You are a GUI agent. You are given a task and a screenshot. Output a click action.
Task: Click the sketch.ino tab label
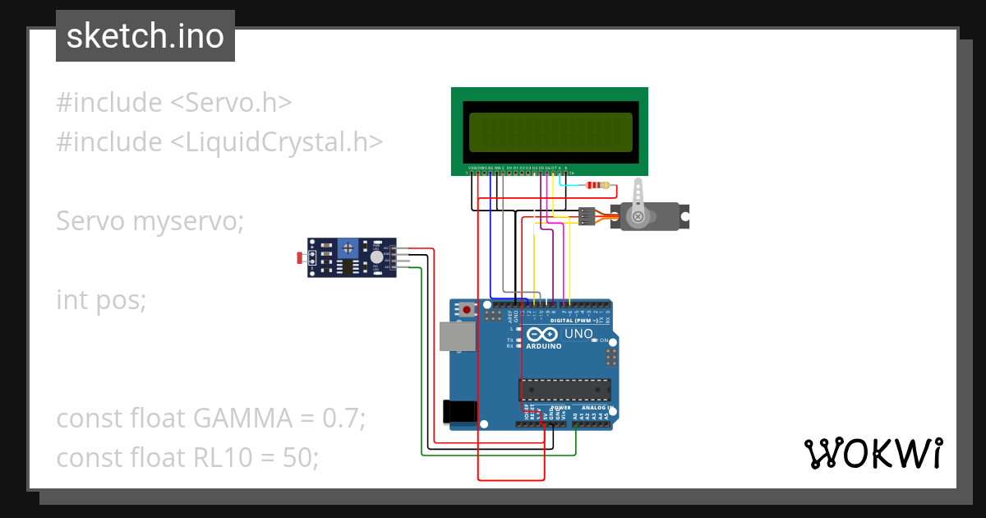click(x=145, y=36)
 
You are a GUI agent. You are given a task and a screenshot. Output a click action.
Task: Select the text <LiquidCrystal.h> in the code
click(x=276, y=142)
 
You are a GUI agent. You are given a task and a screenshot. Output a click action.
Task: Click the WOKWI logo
click(x=873, y=454)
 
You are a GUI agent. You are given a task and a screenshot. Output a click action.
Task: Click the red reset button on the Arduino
click(x=468, y=311)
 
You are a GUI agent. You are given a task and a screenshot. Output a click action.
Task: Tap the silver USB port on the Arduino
click(x=457, y=337)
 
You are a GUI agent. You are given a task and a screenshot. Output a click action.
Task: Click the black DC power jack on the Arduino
click(x=458, y=412)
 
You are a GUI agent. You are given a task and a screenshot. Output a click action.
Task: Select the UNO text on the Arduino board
click(x=578, y=334)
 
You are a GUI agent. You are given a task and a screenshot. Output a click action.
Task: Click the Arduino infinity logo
click(x=542, y=335)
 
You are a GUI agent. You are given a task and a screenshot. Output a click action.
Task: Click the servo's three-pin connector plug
click(x=586, y=216)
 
